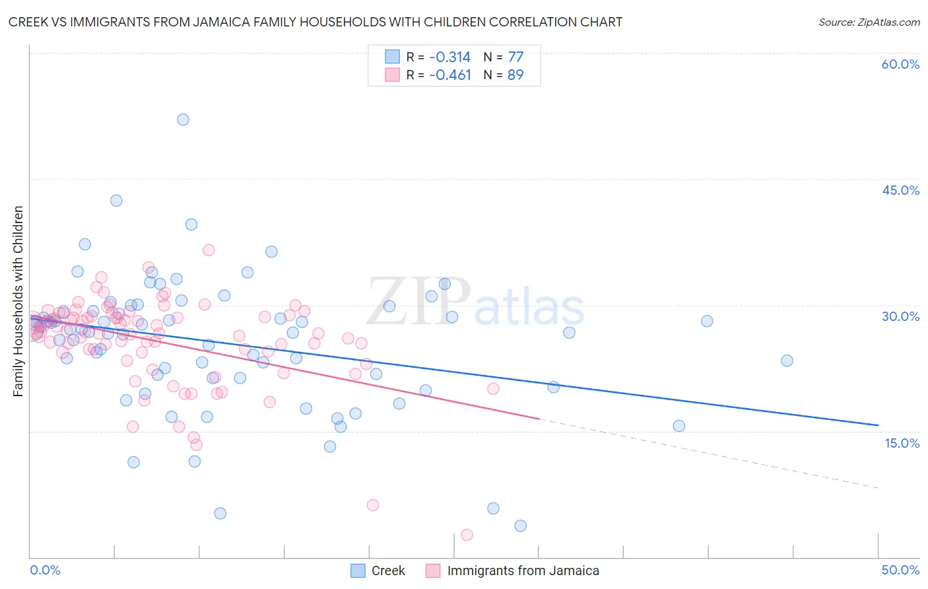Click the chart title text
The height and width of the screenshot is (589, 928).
coord(315,22)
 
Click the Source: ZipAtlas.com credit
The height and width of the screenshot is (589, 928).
coord(869,22)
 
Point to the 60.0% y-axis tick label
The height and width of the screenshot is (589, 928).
coord(900,65)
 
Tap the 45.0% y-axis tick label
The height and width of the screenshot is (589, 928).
coord(900,191)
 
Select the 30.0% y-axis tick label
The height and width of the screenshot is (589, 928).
coord(900,317)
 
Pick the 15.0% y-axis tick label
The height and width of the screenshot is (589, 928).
coord(902,443)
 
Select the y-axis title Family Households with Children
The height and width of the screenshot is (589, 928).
coord(18,301)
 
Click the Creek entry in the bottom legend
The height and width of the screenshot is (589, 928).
coord(387,571)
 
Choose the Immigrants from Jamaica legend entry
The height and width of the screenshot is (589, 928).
coord(523,571)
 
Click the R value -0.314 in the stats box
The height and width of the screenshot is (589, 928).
coord(449,57)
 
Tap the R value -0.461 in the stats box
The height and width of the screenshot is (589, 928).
coord(449,75)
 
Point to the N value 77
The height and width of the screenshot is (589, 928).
coord(515,57)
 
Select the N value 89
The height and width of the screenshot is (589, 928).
coord(515,75)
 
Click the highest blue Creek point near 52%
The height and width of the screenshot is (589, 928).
coord(183,120)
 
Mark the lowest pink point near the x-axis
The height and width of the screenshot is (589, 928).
coord(467,535)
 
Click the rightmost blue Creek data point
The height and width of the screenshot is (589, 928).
coord(787,361)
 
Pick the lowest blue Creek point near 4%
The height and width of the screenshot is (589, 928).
coord(520,526)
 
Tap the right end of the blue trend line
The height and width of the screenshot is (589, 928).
coord(878,425)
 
